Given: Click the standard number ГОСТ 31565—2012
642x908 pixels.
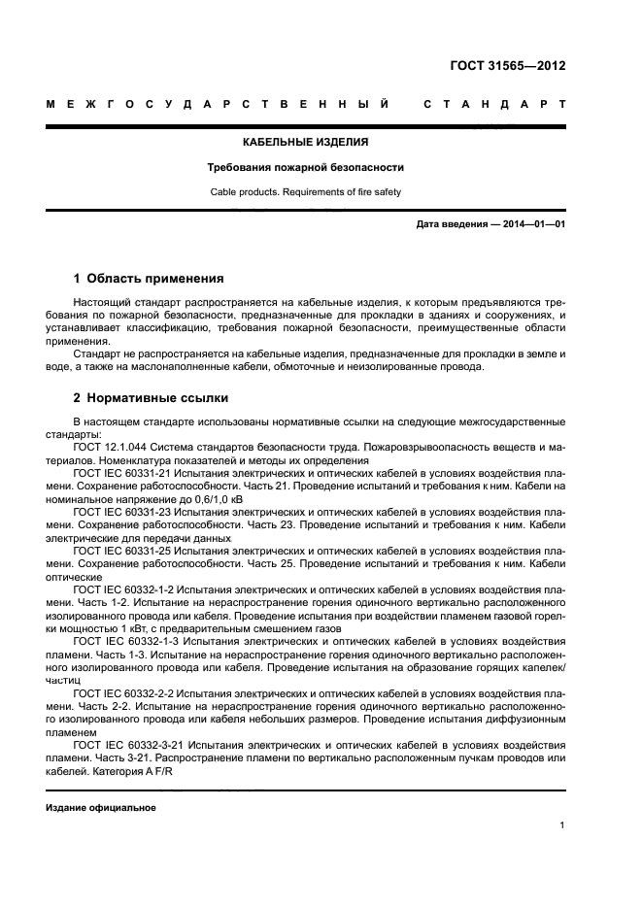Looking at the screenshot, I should coord(508,66).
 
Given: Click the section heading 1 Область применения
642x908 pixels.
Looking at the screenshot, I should coord(149,278).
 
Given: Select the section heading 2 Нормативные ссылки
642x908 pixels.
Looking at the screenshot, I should coord(147,398).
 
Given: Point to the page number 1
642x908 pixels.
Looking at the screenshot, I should coord(562,825).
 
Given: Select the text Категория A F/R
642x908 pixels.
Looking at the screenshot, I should coord(136,770).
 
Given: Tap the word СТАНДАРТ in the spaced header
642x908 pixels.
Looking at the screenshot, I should coord(494,103).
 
